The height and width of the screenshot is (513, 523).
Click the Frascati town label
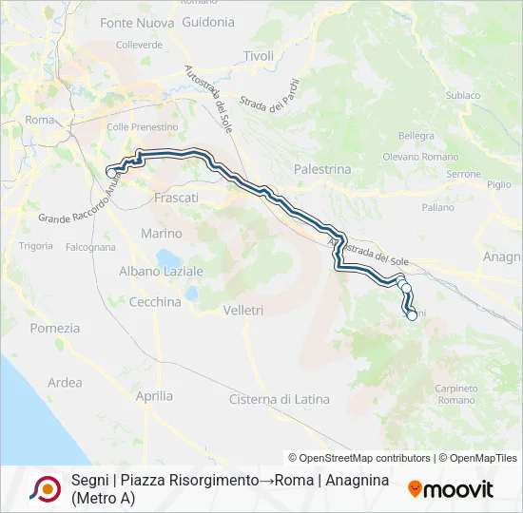tap(176, 198)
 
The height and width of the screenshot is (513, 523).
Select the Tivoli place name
tap(258, 56)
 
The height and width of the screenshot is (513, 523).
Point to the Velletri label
tap(242, 310)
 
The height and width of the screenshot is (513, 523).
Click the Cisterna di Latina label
tap(280, 399)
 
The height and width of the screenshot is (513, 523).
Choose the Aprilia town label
tap(154, 395)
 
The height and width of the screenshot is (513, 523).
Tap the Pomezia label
tap(56, 328)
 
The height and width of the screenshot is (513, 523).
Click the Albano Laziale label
tap(162, 271)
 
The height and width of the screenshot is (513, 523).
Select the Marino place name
tap(161, 233)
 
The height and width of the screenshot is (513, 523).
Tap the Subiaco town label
tap(462, 96)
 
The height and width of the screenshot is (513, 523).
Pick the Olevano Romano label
tap(419, 156)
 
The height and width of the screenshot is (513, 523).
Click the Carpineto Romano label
tap(456, 394)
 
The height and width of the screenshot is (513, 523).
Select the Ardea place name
tap(65, 383)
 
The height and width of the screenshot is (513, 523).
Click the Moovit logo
tap(451, 489)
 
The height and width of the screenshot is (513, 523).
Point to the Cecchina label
tap(154, 302)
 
